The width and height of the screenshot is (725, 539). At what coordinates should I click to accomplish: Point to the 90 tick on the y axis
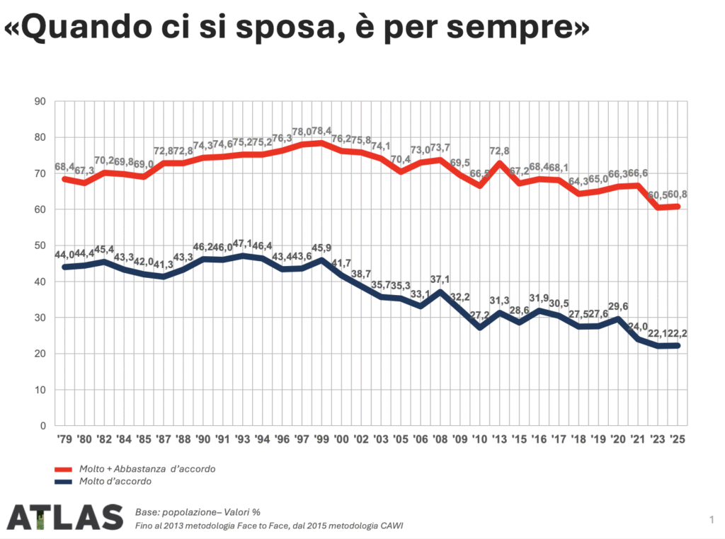[x=40, y=101]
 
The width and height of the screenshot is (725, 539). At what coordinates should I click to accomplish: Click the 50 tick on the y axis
[x=40, y=245]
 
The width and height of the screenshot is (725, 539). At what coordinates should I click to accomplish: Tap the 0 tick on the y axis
[x=42, y=426]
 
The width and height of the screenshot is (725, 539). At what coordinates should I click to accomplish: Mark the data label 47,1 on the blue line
[x=245, y=243]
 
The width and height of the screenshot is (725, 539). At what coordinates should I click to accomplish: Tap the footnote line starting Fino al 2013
[x=269, y=525]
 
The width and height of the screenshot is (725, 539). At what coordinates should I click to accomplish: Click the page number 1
[x=710, y=521]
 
